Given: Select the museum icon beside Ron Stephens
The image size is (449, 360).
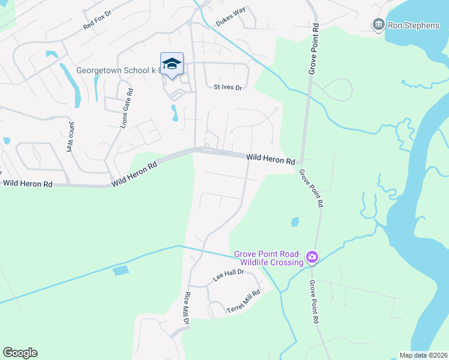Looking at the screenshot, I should tap(379, 25).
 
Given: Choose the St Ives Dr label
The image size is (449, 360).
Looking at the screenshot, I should tap(228, 87).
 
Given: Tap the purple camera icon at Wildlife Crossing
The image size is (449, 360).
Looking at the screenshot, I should tap(312, 258).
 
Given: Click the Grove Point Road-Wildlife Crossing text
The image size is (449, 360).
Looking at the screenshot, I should tap(269, 258).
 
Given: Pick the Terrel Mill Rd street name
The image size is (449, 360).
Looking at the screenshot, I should tap(244, 302).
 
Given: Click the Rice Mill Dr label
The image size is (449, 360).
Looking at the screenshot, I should tap(187, 308).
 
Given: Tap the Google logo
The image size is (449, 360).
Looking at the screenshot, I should tap(20, 353).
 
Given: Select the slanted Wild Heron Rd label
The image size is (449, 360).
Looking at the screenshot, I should tap(134, 172).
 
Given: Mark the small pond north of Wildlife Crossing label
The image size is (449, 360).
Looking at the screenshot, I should tap(295, 222).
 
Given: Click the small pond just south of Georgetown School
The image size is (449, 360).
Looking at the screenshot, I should tap(174, 113).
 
